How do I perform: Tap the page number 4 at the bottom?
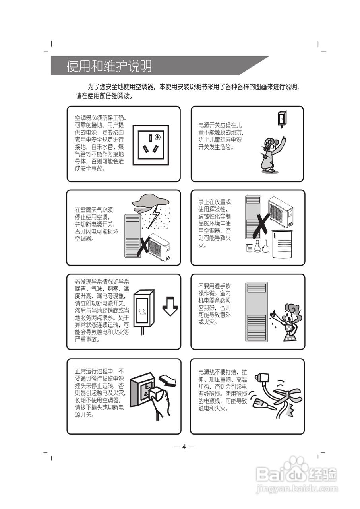click(x=184, y=446)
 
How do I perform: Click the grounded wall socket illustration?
click(x=151, y=143)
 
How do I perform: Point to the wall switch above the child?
click(x=282, y=119)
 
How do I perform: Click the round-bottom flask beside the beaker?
click(x=265, y=247)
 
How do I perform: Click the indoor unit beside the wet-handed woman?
click(x=256, y=312)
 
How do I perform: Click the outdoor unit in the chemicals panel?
click(x=281, y=213)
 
